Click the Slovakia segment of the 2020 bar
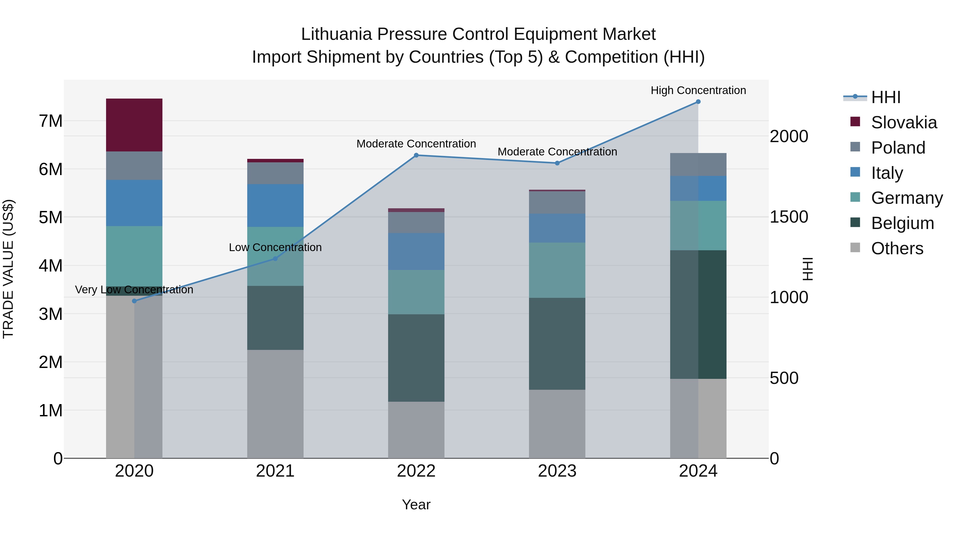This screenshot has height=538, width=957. (x=134, y=125)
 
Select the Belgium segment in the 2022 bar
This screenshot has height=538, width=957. (x=416, y=358)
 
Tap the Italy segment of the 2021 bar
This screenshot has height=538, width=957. (x=275, y=205)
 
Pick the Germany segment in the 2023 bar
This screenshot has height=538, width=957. (x=557, y=270)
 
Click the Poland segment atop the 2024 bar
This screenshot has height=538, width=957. (x=698, y=164)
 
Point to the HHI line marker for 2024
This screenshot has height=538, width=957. (x=698, y=102)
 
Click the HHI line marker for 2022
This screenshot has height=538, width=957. (x=416, y=155)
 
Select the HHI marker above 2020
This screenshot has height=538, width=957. (x=134, y=301)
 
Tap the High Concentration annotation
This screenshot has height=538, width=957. (x=698, y=90)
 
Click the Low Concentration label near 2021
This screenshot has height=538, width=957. (x=275, y=247)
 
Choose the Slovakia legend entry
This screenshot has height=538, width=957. (x=904, y=122)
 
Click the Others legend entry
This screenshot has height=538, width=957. (x=897, y=248)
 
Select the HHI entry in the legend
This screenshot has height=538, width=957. (x=886, y=97)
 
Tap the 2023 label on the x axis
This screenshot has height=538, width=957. (x=557, y=471)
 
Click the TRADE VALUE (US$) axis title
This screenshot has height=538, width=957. (x=8, y=269)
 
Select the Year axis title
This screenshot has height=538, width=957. (x=416, y=505)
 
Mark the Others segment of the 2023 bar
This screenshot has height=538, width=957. (x=557, y=424)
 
